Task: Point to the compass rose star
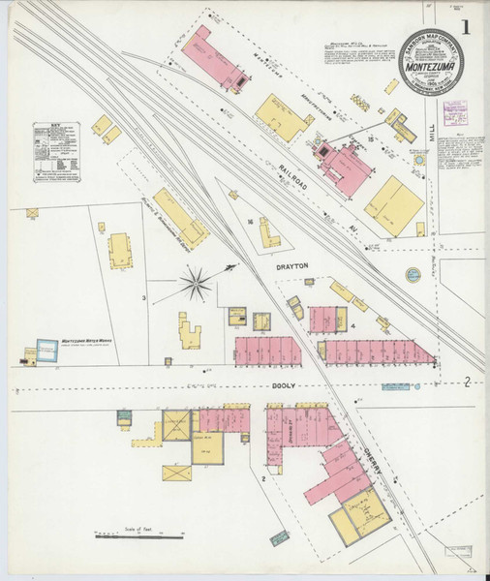[196, 283]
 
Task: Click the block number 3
[144, 297]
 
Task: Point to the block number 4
[353, 325]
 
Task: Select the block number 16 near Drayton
[250, 222]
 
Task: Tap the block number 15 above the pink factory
[370, 141]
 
